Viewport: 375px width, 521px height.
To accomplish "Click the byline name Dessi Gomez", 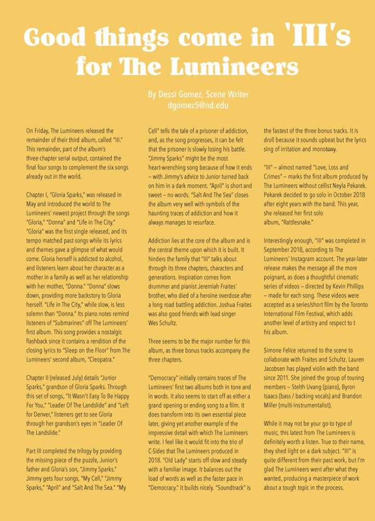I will pos(180,94).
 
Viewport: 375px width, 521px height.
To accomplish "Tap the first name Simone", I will pos(274,351).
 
